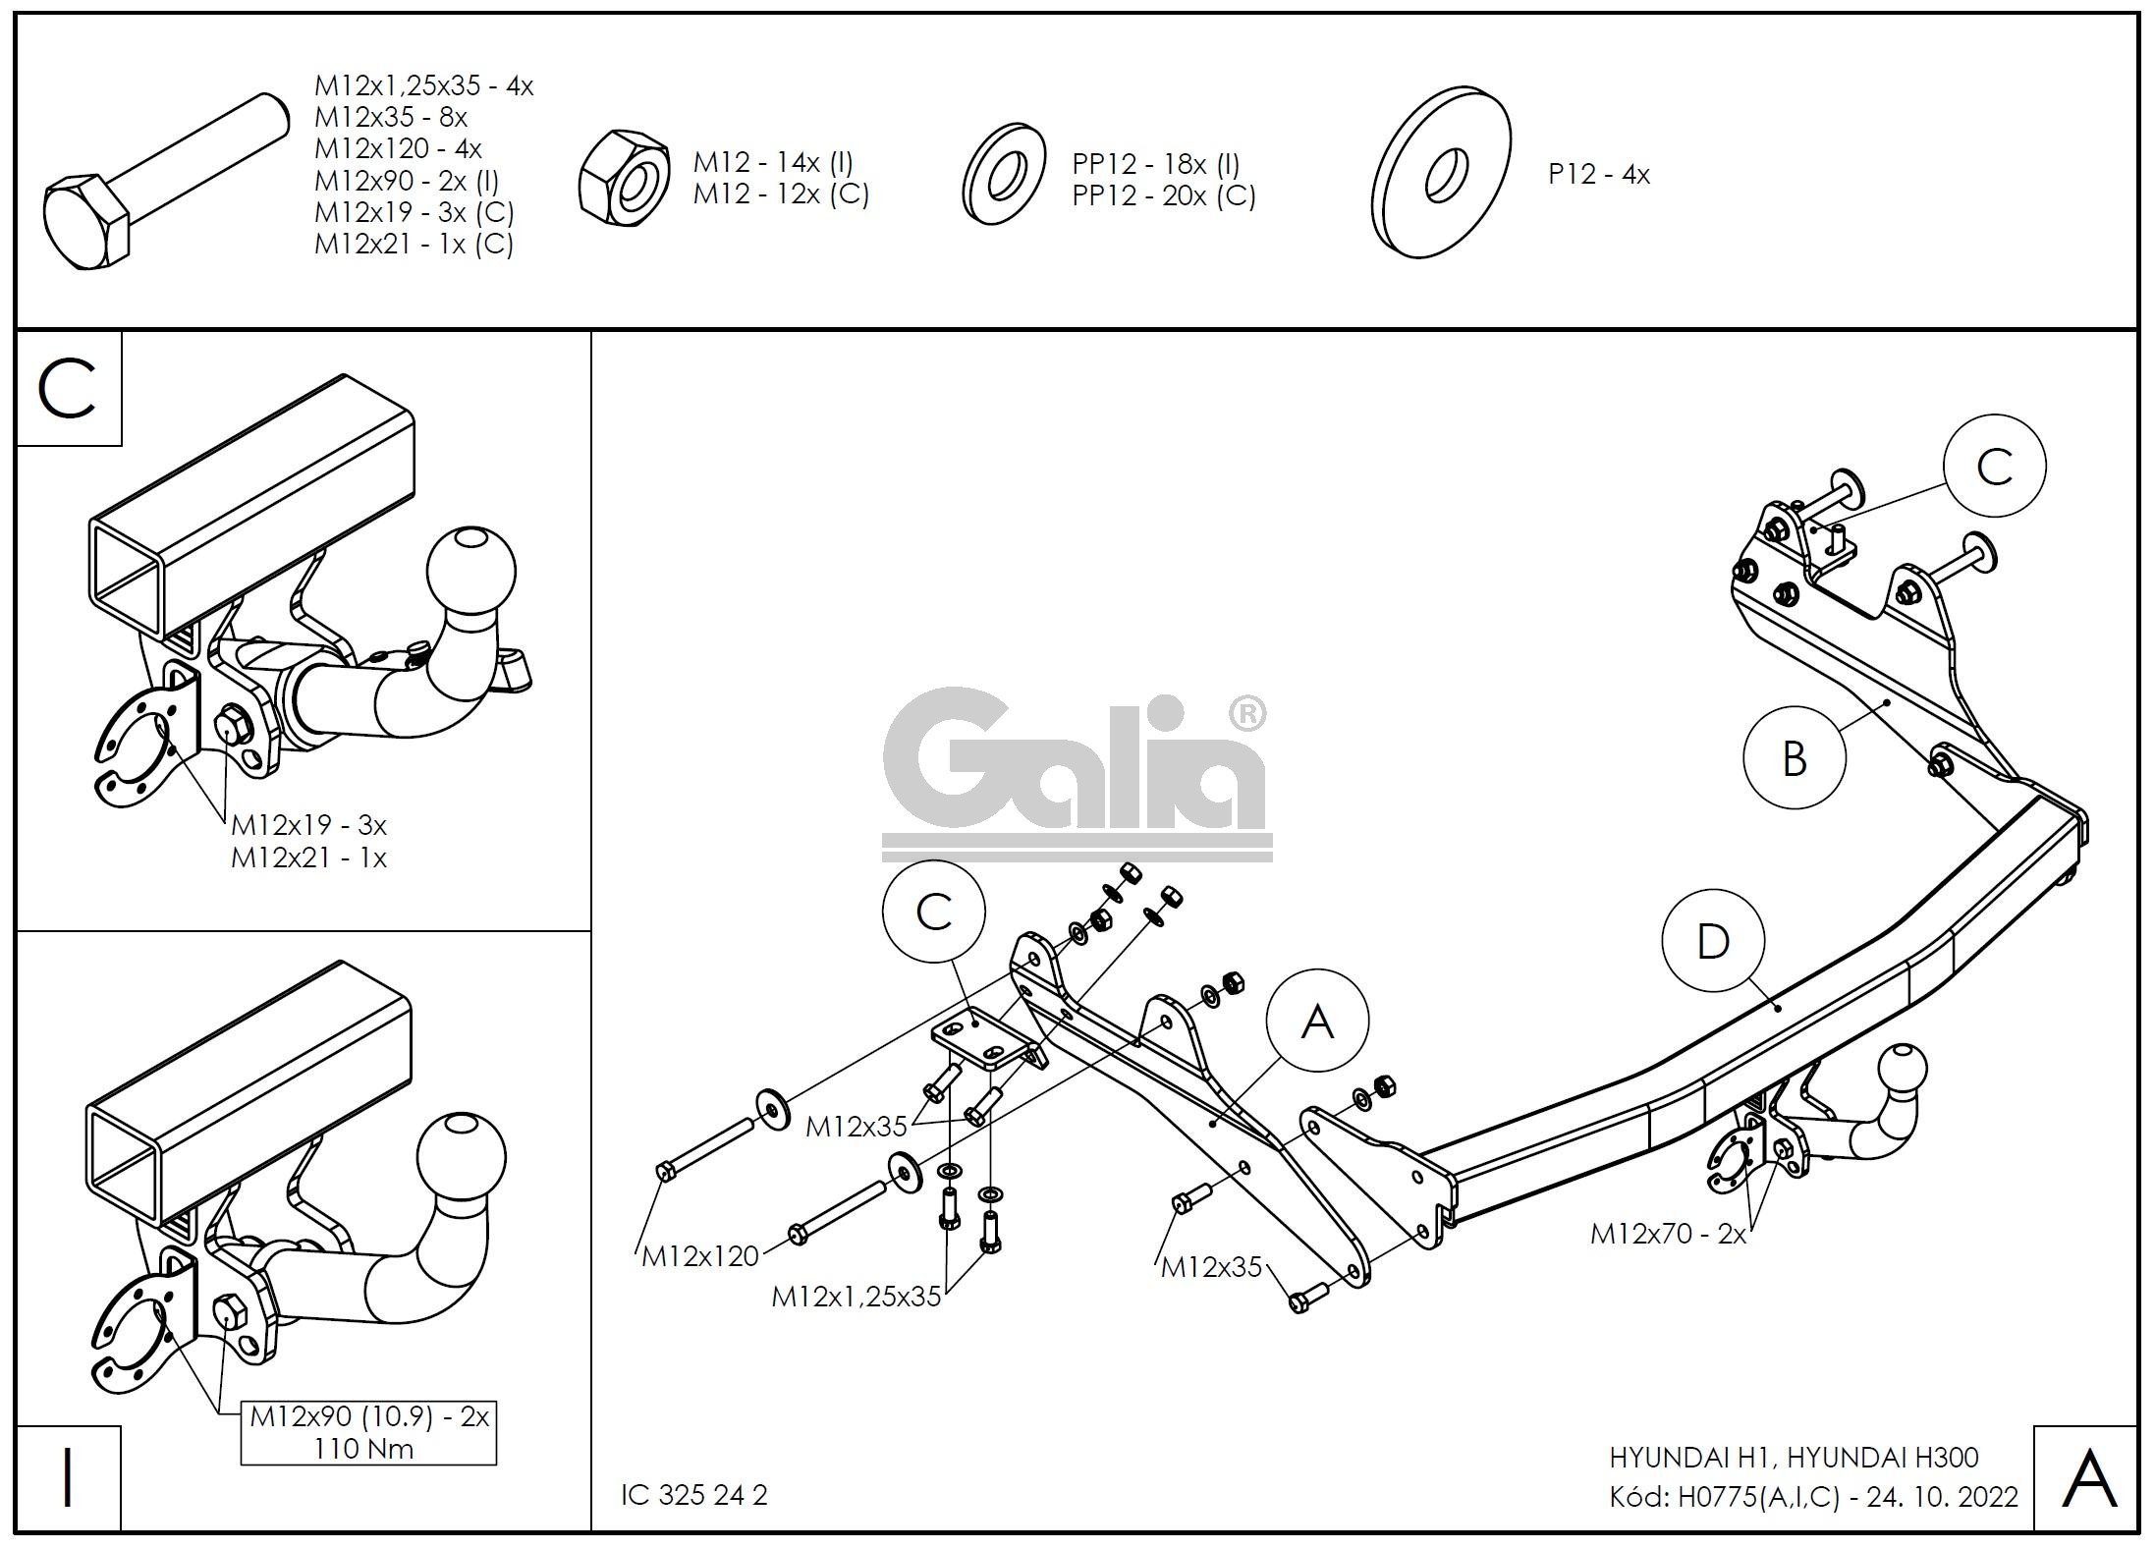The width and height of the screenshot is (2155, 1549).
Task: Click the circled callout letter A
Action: tap(1317, 1022)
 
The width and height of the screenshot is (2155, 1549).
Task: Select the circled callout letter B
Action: tap(1794, 759)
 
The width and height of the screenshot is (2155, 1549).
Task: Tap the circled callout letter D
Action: tap(1713, 941)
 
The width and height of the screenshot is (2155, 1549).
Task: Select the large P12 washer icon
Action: tap(1441, 174)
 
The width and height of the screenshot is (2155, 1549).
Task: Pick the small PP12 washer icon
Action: tap(1003, 175)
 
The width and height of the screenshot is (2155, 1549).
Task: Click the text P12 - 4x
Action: tap(1598, 175)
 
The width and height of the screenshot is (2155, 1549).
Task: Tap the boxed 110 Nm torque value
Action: tap(363, 1448)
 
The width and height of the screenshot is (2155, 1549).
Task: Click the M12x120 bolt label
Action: tap(699, 1256)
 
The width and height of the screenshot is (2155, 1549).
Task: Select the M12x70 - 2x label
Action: tap(1668, 1235)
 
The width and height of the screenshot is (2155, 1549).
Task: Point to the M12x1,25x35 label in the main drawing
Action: tap(856, 1297)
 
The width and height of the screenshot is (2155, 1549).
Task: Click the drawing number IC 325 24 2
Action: tap(693, 1494)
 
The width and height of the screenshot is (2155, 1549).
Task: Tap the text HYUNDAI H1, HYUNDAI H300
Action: tap(1793, 1458)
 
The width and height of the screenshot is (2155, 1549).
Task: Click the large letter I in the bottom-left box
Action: tap(68, 1478)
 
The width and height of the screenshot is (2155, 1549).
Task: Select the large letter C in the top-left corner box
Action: tap(68, 388)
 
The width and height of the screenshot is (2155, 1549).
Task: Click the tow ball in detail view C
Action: tap(471, 571)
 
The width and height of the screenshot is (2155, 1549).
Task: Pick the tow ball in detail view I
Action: tap(462, 1155)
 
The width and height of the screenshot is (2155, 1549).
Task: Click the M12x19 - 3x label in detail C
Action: tap(307, 824)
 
